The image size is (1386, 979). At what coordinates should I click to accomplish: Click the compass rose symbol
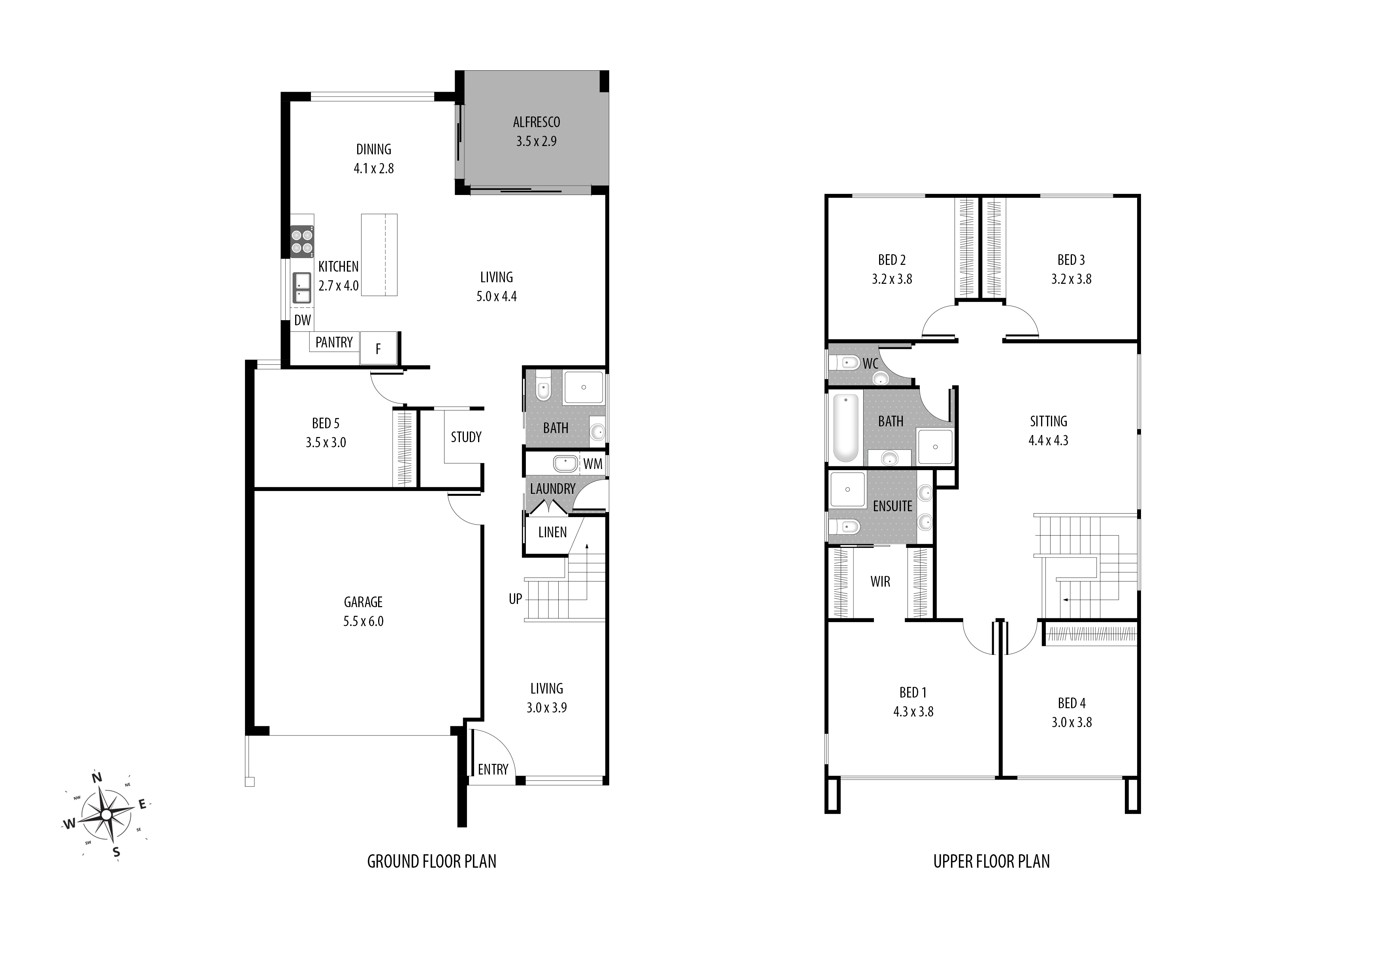coord(106,814)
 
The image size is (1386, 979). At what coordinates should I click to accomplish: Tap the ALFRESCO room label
coord(536,122)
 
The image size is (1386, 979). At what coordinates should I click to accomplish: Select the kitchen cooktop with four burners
coord(302,241)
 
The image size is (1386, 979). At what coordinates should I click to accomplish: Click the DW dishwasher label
coord(302,320)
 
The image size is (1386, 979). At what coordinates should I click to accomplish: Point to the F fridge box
coord(379,348)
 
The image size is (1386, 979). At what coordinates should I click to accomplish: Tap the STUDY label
coord(466,437)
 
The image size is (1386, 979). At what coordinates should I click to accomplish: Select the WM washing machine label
coord(592,464)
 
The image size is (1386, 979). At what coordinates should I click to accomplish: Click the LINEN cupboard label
coord(552,532)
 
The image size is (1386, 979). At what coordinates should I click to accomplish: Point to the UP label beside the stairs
coord(515,599)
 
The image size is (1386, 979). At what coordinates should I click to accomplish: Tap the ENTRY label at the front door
coord(493,769)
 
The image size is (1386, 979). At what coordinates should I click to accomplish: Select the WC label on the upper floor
coord(870,364)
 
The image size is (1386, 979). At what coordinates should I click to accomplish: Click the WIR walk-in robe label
coord(880,581)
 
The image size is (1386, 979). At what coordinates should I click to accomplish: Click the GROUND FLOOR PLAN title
coord(431,861)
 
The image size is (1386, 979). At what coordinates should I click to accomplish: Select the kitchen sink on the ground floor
coord(302,288)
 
